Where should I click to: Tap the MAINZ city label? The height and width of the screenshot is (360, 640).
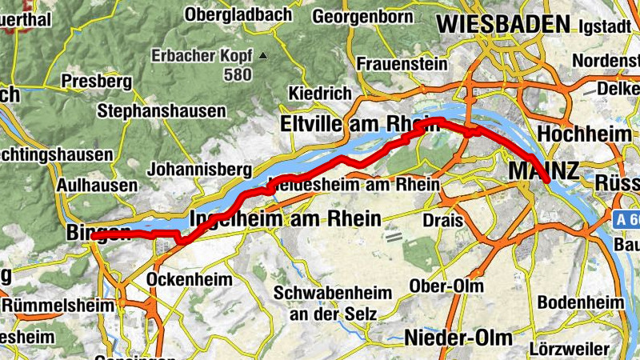[543, 170]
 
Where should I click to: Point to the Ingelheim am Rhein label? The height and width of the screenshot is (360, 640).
[283, 218]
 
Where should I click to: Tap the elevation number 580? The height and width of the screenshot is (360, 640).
[238, 74]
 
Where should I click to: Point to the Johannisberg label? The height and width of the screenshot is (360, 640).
[200, 169]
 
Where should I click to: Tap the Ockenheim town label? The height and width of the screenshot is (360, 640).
[190, 279]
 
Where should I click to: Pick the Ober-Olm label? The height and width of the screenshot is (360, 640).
[440, 286]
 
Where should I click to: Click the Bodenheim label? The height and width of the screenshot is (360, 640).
[581, 302]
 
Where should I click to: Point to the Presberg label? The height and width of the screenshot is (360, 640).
[96, 81]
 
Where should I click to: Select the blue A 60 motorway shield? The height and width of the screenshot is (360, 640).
[627, 218]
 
